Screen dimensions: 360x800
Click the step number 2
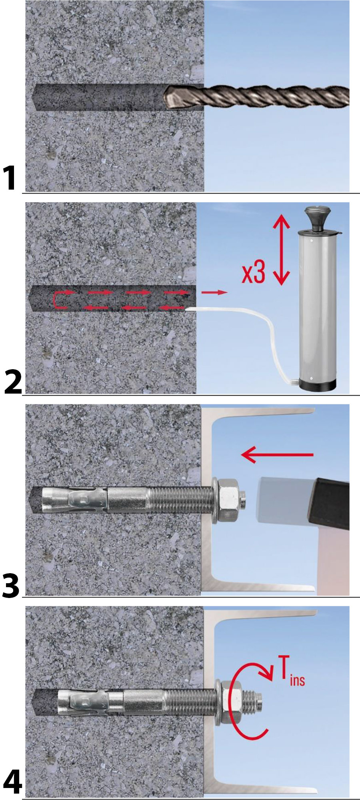pos(13,382)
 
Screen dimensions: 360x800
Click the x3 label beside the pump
pos(254,272)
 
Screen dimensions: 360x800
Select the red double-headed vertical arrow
pos(282,250)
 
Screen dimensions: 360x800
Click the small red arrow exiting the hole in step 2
pos(214,292)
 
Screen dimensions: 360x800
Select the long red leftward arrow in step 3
pos(277,454)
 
